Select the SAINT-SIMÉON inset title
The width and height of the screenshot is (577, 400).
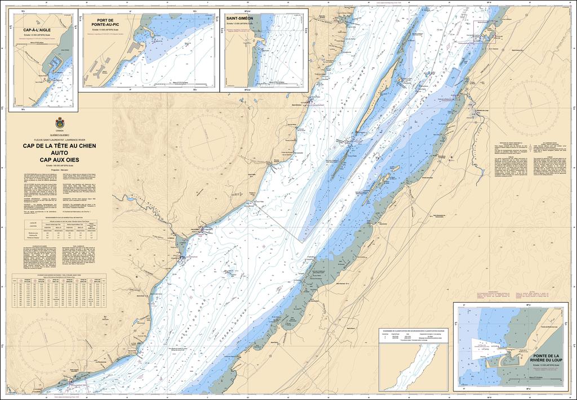coord(240,19)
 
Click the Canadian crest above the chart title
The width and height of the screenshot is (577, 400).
coord(60,123)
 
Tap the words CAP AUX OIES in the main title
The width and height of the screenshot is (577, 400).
coord(60,159)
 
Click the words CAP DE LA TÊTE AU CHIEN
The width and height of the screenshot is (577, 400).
coord(60,146)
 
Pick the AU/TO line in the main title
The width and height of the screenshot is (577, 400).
coord(60,152)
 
